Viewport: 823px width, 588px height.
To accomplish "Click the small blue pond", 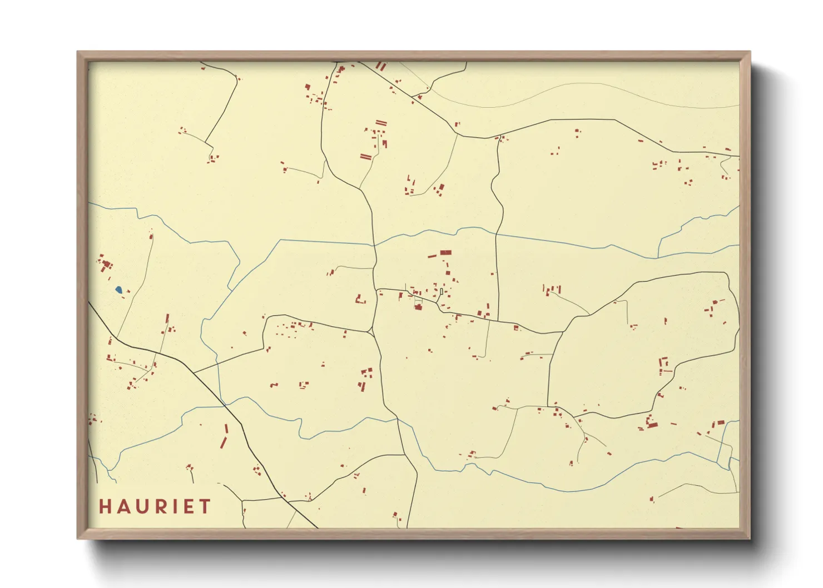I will pyautogui.click(x=118, y=290).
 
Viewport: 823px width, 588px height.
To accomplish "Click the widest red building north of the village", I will pyautogui.click(x=445, y=252).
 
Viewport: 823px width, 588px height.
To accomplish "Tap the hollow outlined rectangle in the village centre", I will pyautogui.click(x=441, y=291).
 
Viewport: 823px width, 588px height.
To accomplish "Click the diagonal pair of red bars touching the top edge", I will pyautogui.click(x=380, y=66).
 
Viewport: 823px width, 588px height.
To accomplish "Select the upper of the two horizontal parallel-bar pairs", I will pyautogui.click(x=380, y=122).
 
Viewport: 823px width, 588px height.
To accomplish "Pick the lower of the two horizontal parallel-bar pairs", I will pyautogui.click(x=365, y=157).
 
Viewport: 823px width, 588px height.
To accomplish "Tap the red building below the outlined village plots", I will pyautogui.click(x=418, y=307).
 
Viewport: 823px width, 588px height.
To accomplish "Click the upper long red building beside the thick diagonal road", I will pyautogui.click(x=226, y=429).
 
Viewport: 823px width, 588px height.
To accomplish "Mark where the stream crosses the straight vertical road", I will pyautogui.click(x=496, y=234).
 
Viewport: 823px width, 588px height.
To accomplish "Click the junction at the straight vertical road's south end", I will pyautogui.click(x=498, y=321).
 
